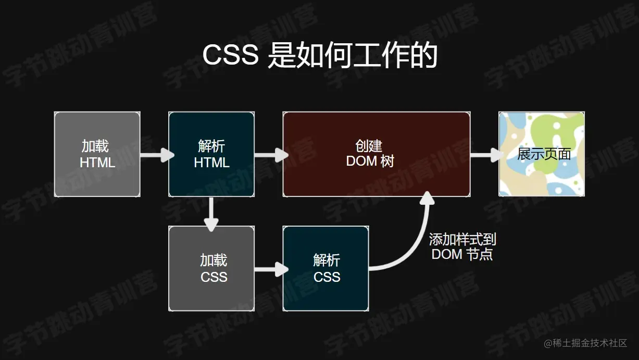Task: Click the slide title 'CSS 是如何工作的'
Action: click(319, 56)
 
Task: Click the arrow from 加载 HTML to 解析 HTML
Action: click(157, 155)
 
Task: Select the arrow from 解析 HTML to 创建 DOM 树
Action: click(271, 155)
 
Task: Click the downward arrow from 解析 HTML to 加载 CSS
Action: click(211, 214)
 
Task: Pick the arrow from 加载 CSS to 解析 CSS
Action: click(271, 269)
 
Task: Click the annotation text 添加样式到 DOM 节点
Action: click(462, 247)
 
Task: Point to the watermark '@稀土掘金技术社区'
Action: click(585, 343)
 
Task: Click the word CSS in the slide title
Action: click(230, 56)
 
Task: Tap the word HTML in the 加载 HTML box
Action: click(97, 163)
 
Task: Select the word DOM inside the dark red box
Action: click(361, 162)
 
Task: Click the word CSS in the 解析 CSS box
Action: click(327, 277)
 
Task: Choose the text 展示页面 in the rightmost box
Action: click(544, 154)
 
